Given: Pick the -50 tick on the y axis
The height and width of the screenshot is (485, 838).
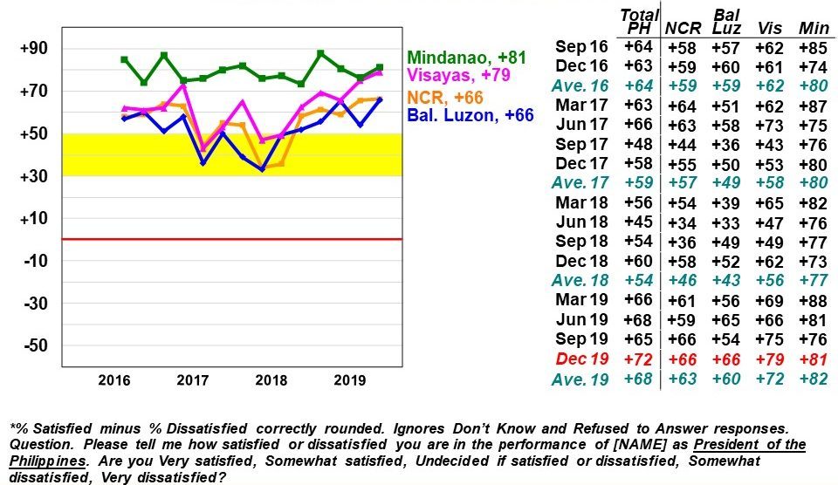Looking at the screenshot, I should tap(34, 346).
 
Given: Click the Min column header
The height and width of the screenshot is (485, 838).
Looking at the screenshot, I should tap(814, 29).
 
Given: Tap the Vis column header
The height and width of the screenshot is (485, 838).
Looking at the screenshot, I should tap(770, 29).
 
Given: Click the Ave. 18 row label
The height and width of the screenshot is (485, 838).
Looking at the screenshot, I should tap(581, 280).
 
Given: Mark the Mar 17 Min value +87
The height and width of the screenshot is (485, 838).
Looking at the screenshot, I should tap(814, 105).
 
